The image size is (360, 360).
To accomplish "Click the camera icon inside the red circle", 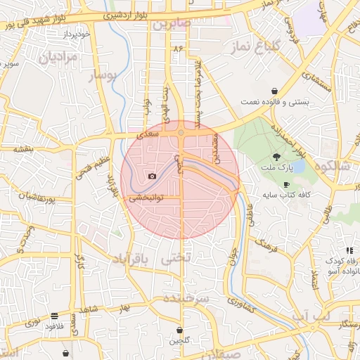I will tap(152, 176).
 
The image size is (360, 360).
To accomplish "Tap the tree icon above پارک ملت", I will tap(277, 157).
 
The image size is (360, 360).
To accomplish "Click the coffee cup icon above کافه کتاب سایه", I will tap(286, 184).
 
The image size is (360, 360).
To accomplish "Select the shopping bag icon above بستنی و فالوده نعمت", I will tap(274, 91).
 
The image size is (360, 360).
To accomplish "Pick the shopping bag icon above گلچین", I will tap(181, 330).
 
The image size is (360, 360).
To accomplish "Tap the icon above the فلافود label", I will tap(54, 316).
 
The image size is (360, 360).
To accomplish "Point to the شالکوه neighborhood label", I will tap(333, 166).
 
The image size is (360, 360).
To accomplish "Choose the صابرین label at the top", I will tap(171, 23).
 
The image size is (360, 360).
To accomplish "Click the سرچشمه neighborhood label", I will tap(186, 298).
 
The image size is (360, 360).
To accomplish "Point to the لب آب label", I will tap(311, 319).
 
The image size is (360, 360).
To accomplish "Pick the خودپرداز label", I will tap(58, 34).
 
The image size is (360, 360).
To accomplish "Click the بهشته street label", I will tap(23, 150).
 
